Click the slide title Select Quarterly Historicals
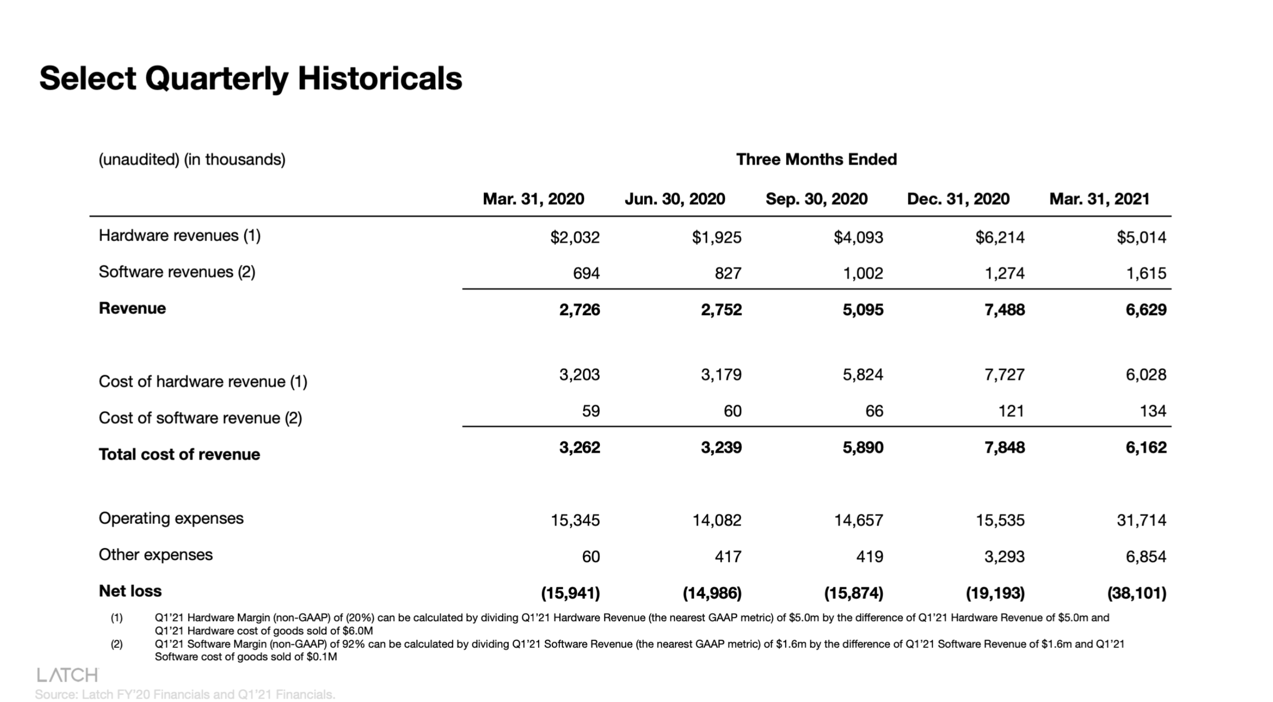(250, 79)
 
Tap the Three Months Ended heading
(816, 159)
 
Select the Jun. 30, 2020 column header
(674, 199)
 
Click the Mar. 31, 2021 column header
(1099, 199)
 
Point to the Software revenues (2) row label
(177, 272)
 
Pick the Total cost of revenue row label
(179, 454)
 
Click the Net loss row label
(130, 591)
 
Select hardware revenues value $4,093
(858, 237)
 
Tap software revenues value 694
(586, 273)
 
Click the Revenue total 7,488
(1004, 310)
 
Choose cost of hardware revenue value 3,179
(721, 374)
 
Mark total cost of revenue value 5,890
(862, 448)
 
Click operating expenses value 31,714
(1141, 520)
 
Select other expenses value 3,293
(1004, 557)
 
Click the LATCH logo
(68, 675)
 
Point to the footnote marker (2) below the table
(117, 644)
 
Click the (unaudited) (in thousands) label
(192, 159)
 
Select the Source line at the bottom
(185, 694)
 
